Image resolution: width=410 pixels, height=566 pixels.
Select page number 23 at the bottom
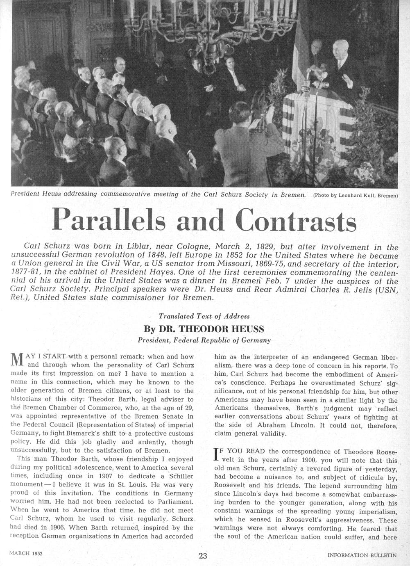(x=203, y=556)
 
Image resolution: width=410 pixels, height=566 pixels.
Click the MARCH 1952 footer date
(x=26, y=553)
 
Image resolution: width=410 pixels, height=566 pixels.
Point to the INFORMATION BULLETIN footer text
(x=362, y=555)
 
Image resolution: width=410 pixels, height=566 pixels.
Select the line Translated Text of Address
(x=204, y=316)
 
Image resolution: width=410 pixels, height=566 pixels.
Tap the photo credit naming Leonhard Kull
(x=356, y=196)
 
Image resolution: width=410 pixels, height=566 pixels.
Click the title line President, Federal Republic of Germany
(x=204, y=340)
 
